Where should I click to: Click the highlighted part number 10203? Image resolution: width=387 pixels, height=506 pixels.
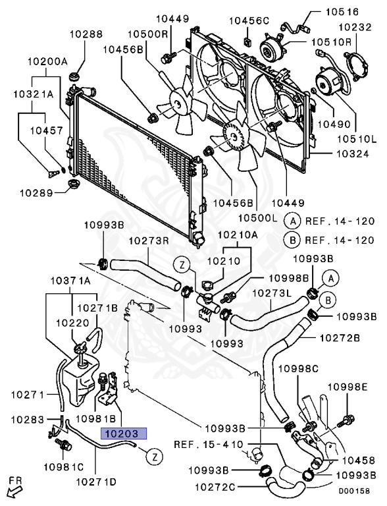pyautogui.click(x=124, y=434)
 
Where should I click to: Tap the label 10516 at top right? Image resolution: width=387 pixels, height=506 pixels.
pyautogui.click(x=342, y=12)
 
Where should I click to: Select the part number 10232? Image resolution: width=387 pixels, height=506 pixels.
pyautogui.click(x=355, y=27)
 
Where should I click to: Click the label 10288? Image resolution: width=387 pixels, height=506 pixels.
pyautogui.click(x=86, y=34)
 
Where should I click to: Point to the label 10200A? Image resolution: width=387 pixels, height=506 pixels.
pyautogui.click(x=47, y=61)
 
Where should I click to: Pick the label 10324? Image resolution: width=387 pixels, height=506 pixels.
pyautogui.click(x=353, y=154)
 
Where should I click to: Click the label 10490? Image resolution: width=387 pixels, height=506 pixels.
pyautogui.click(x=334, y=124)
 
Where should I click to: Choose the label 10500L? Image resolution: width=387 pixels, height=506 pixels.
pyautogui.click(x=257, y=218)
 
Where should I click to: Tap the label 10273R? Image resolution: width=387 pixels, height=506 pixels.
pyautogui.click(x=149, y=240)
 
